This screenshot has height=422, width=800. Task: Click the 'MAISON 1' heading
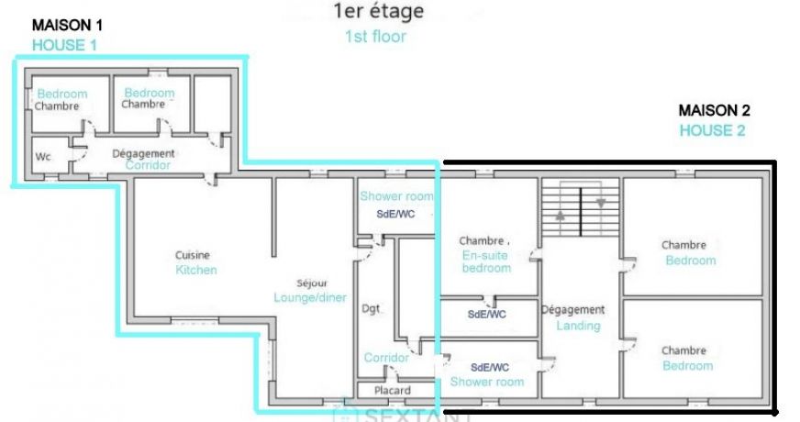pyautogui.click(x=67, y=25)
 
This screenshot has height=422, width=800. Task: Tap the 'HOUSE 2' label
pyautogui.click(x=712, y=130)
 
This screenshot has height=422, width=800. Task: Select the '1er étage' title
pyautogui.click(x=379, y=11)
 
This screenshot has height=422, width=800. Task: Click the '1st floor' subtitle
pyautogui.click(x=375, y=36)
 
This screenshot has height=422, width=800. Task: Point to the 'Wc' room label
pyautogui.click(x=43, y=157)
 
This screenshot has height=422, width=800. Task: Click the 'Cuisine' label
pyautogui.click(x=193, y=255)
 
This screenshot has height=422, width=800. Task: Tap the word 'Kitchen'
pyautogui.click(x=196, y=270)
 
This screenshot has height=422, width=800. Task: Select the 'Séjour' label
pyautogui.click(x=312, y=283)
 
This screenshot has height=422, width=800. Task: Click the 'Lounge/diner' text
pyautogui.click(x=310, y=297)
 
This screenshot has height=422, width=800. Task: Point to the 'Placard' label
pyautogui.click(x=393, y=391)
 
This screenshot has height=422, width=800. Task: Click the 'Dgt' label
pyautogui.click(x=371, y=309)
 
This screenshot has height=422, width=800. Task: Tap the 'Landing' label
pyautogui.click(x=578, y=326)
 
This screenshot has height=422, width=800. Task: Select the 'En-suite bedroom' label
pyautogui.click(x=486, y=261)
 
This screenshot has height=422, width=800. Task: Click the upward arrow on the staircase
pyautogui.click(x=561, y=216)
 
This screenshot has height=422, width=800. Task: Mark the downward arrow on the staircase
pyautogui.click(x=601, y=203)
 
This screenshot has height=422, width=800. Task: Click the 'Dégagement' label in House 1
pyautogui.click(x=143, y=153)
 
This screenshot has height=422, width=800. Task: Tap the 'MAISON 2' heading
pyautogui.click(x=714, y=110)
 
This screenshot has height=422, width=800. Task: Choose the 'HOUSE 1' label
pyautogui.click(x=64, y=46)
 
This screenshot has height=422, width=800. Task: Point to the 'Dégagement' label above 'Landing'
pyautogui.click(x=572, y=310)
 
